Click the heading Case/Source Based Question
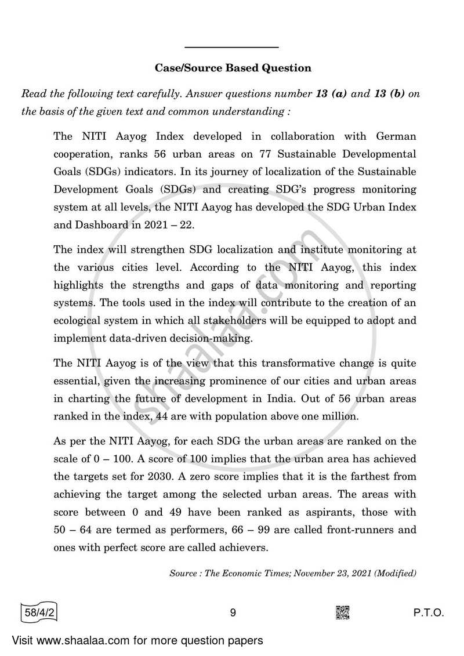click(233, 68)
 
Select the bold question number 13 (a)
click(331, 94)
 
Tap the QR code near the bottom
click(343, 612)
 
